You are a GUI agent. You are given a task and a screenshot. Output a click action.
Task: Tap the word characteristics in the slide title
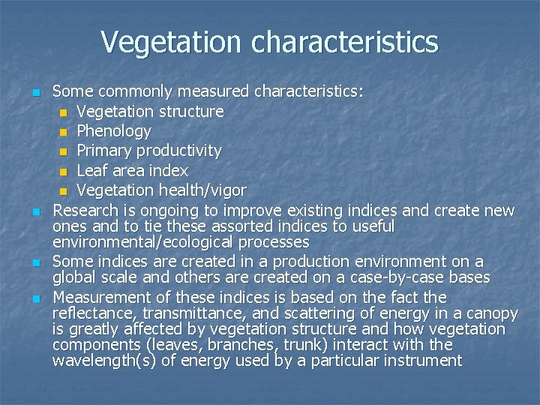[x=345, y=42]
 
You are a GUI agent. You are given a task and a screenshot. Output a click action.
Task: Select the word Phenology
[x=114, y=131]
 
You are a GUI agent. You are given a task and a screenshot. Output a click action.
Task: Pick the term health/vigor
[x=200, y=190]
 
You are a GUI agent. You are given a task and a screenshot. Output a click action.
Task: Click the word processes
[x=274, y=242]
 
